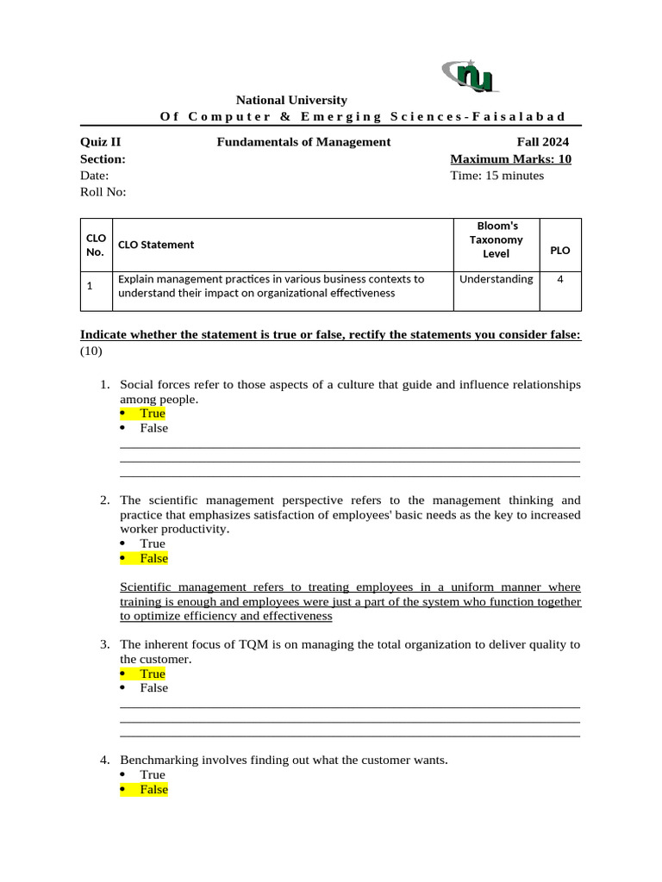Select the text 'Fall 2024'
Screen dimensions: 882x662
(543, 142)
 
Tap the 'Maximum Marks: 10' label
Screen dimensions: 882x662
(510, 159)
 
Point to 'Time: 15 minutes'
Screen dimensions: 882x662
(497, 176)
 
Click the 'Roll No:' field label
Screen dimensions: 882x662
(103, 192)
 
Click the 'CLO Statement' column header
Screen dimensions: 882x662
(156, 245)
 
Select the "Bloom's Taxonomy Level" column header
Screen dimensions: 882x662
(496, 239)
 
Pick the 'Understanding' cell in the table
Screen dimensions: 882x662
(496, 279)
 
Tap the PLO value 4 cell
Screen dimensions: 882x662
(560, 279)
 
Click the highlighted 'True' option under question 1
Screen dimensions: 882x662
(153, 413)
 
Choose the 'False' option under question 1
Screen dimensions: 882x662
(154, 428)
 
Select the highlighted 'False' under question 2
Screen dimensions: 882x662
(154, 558)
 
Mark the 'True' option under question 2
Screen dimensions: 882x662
(153, 543)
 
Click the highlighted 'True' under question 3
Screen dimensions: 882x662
(153, 674)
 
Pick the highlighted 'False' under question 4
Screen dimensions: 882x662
(154, 789)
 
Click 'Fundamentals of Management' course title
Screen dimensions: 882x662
(303, 142)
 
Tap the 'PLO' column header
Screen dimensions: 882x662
(560, 251)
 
